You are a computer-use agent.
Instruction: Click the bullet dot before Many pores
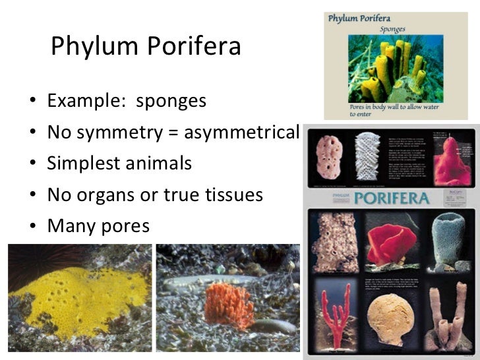pos(32,227)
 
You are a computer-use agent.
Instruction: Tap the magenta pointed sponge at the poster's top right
pos(451,162)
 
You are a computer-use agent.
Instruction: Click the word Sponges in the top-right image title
pos(396,29)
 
